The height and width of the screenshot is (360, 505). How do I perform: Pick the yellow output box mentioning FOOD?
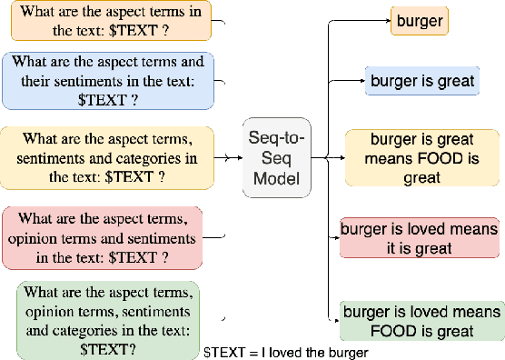[422, 157]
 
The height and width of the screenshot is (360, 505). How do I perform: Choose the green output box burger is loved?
[421, 320]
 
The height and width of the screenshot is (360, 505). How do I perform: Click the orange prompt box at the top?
[111, 20]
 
